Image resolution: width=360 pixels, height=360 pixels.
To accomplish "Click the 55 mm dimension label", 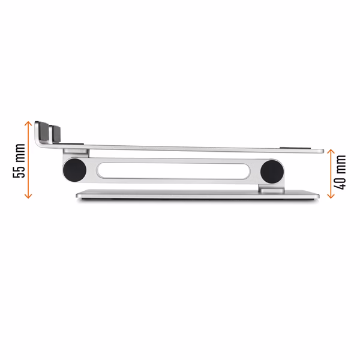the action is [19, 160].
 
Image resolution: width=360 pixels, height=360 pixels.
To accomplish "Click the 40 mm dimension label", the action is [340, 172].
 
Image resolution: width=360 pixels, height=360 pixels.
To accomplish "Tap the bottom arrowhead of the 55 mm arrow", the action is [28, 196].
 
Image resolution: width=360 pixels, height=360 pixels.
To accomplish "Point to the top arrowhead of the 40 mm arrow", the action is [331, 151].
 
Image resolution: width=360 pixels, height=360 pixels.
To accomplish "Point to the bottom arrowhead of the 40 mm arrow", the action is [331, 196].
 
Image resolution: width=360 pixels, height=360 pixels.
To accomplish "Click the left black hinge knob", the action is [74, 170].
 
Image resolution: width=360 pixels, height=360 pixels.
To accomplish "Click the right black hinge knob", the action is [272, 172].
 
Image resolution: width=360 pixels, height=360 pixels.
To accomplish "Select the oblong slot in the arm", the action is [173, 171].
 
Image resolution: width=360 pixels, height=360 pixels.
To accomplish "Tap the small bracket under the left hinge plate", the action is [76, 151].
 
